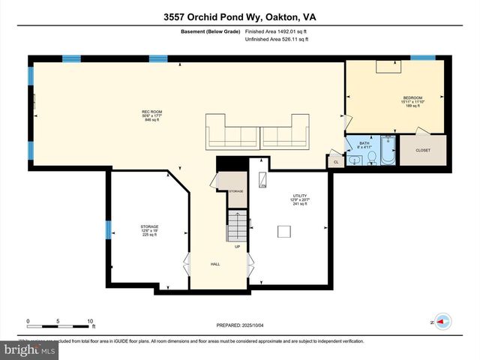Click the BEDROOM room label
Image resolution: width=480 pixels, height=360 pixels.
click(412, 98)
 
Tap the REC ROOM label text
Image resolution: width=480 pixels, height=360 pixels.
click(152, 112)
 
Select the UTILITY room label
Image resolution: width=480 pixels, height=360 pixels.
click(300, 196)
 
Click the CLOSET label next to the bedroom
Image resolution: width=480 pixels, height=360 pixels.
click(424, 151)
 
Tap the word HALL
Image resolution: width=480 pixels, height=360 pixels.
click(215, 264)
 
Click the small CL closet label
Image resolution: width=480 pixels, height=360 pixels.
click(335, 161)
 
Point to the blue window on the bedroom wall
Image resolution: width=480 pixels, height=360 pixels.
click(422, 58)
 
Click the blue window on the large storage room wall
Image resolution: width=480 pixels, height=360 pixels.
click(108, 229)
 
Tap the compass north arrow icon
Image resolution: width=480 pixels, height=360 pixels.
click(441, 321)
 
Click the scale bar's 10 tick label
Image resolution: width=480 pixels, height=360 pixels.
click(90, 321)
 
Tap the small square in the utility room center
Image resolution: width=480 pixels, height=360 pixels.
click(284, 230)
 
